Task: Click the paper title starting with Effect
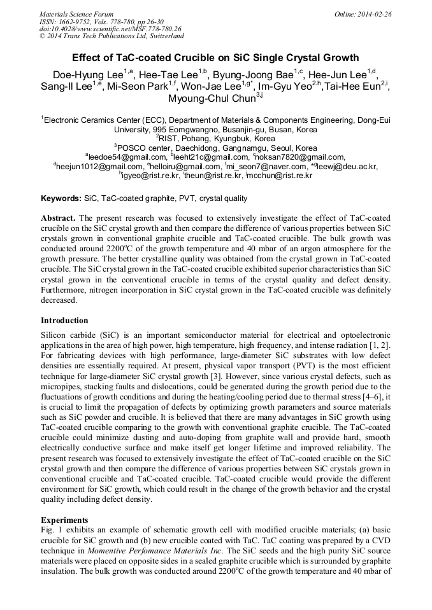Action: click(215, 57)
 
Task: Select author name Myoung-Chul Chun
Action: click(211, 99)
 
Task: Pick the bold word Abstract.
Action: click(59, 218)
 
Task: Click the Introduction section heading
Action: click(64, 320)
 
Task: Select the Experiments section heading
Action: click(64, 519)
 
